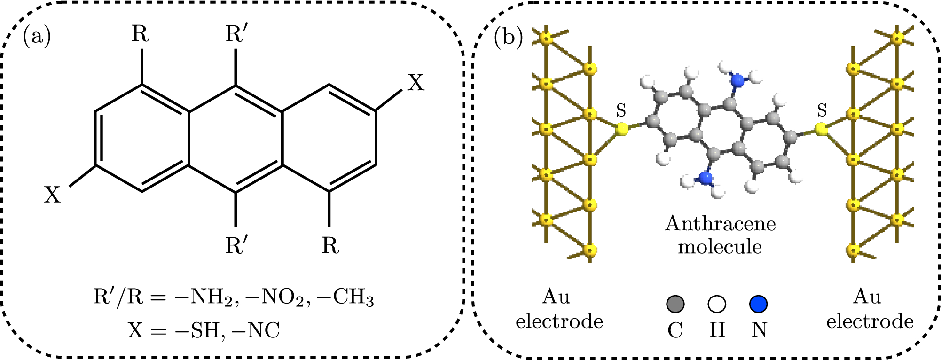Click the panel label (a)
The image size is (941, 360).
pos(37,37)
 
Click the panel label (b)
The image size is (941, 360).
pos(508,37)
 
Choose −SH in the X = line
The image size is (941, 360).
pos(197,330)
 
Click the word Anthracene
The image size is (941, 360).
pos(720,223)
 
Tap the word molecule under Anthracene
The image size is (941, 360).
pos(720,247)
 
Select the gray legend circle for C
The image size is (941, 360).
pos(675,304)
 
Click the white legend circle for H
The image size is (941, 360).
pos(717,304)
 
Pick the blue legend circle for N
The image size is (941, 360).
pos(759,304)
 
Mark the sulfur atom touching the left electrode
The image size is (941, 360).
pos(621,129)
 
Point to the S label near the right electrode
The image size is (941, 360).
pos(822,111)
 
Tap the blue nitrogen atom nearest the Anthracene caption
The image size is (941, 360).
pos(705,178)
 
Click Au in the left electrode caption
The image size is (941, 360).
pos(557,297)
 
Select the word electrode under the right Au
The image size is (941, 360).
pos(870,322)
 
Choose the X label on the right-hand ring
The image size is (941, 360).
pos(416,83)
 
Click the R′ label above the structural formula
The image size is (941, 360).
pos(235,35)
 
